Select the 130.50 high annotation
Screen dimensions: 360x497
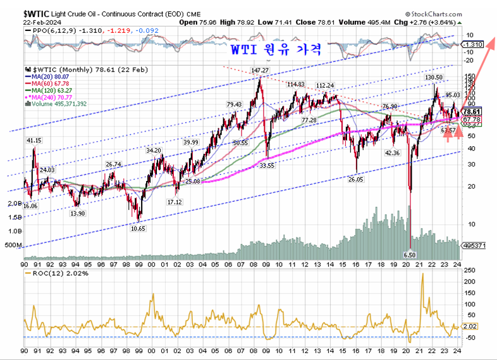[433, 77]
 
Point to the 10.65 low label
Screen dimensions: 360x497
[138, 228]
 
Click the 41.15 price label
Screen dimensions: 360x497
[34, 140]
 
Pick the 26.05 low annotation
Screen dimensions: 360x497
[357, 180]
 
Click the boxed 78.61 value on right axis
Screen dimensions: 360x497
[472, 111]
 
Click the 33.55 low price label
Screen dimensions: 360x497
[266, 165]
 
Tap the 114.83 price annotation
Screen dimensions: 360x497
[295, 85]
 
